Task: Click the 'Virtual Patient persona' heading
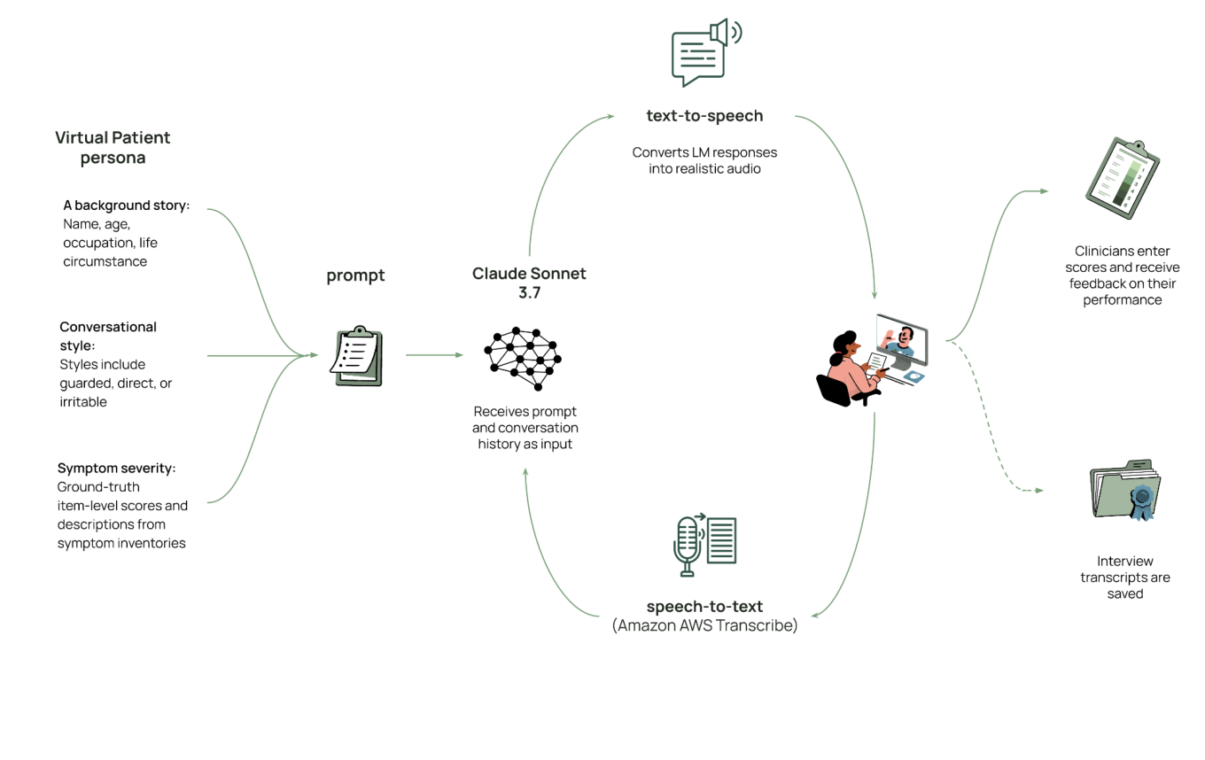click(x=113, y=148)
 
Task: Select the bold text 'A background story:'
click(x=126, y=206)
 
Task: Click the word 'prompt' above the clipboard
click(x=355, y=275)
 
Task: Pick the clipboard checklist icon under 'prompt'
click(x=357, y=357)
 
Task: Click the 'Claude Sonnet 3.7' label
click(x=529, y=283)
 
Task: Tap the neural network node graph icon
click(x=523, y=356)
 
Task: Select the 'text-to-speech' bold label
click(x=704, y=115)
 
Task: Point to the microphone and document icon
click(x=704, y=544)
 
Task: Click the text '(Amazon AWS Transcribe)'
click(x=704, y=625)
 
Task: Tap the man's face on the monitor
click(x=903, y=337)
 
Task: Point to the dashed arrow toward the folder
click(x=992, y=434)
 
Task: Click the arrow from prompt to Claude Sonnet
click(x=433, y=355)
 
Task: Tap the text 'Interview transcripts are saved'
click(x=1124, y=577)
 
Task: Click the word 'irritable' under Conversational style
click(x=83, y=401)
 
